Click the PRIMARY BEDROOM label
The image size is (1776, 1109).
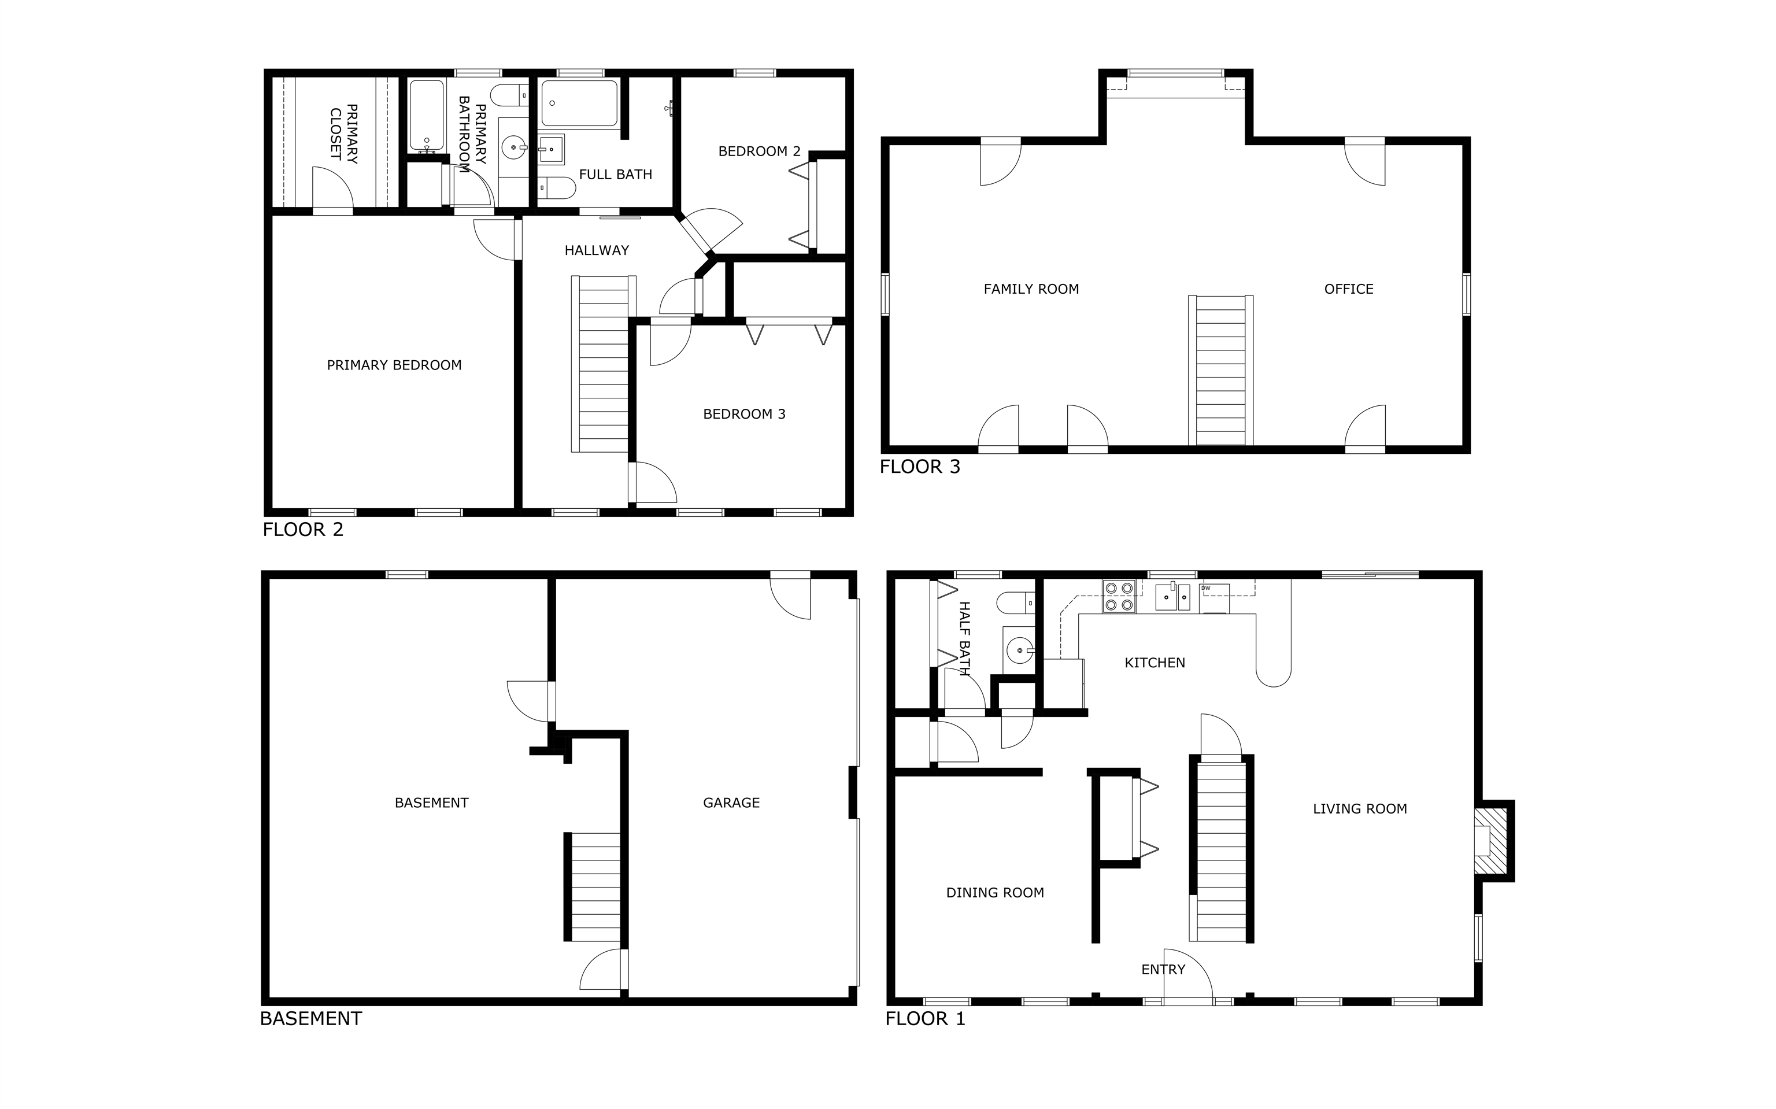point(394,365)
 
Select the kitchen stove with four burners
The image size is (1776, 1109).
point(1119,596)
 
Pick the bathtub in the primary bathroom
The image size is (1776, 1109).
point(426,116)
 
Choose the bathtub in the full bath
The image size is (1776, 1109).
point(579,103)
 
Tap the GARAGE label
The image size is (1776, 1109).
point(731,803)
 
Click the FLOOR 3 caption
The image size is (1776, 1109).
point(920,467)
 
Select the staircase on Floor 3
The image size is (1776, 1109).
point(1220,371)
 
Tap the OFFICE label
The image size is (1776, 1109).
point(1349,290)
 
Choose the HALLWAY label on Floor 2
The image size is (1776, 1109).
point(597,251)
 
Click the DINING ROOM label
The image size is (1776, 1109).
point(995,893)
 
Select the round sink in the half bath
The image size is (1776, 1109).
point(1018,650)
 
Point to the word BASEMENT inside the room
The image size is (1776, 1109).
point(431,803)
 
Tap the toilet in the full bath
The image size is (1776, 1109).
point(557,188)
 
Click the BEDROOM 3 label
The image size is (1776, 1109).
point(744,415)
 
